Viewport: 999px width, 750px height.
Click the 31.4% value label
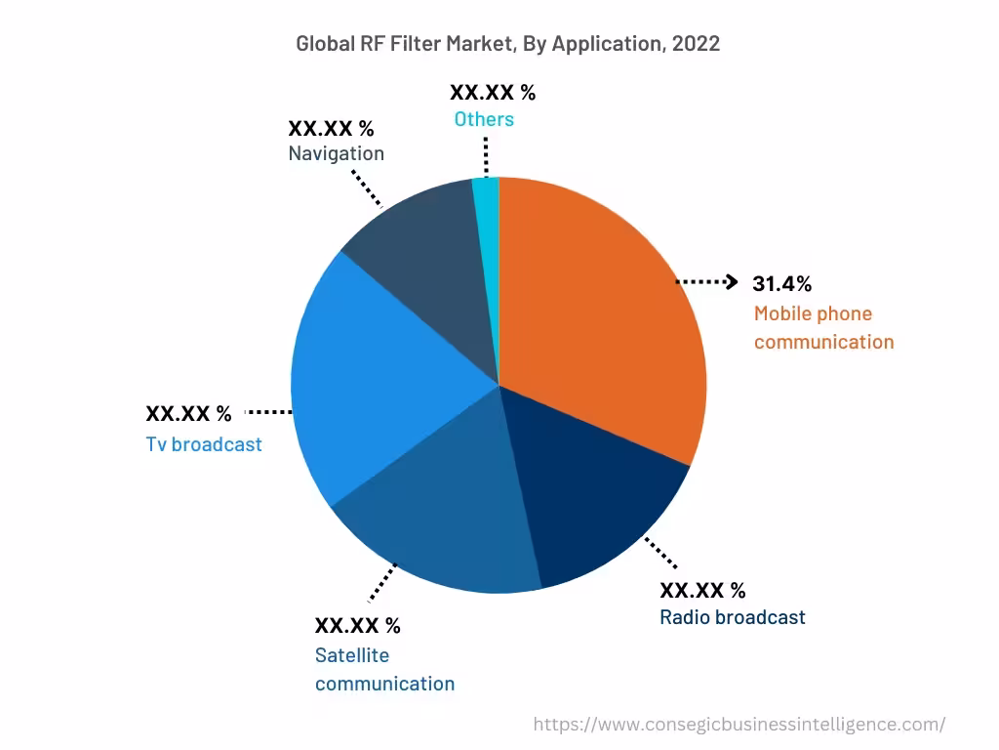click(x=781, y=283)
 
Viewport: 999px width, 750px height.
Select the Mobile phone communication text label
click(x=823, y=328)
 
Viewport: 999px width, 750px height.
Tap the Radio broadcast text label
click(x=733, y=617)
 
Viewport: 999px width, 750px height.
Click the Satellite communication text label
click(x=384, y=669)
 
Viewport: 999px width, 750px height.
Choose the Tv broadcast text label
click(x=204, y=444)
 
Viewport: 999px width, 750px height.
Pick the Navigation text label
click(x=336, y=153)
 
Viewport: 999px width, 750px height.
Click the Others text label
click(x=484, y=119)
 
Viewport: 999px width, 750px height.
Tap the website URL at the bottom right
click(x=739, y=724)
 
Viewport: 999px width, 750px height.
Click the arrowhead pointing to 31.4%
click(x=732, y=282)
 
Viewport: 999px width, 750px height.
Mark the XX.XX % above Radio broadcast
click(x=702, y=590)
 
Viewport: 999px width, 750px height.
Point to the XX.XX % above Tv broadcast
click(x=188, y=414)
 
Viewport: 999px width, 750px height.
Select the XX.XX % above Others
click(x=493, y=93)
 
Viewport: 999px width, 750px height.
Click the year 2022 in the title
click(x=696, y=44)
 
